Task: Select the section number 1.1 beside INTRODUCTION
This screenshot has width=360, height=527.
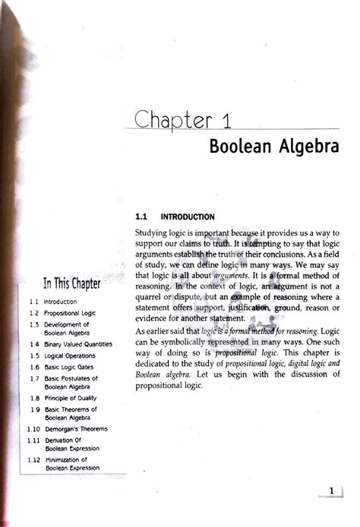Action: (143, 216)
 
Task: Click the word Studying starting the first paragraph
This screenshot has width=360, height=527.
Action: (154, 232)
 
